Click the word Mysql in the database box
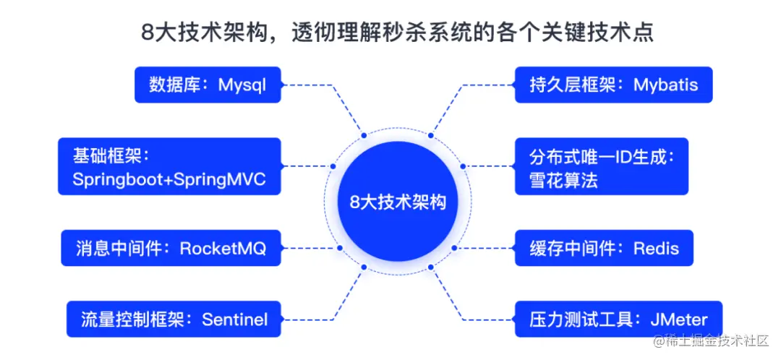[x=242, y=85]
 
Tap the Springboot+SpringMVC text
[x=168, y=180]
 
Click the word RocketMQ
[x=223, y=249]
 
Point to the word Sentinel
[x=234, y=320]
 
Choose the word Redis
[x=656, y=249]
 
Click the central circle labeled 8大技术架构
[x=398, y=202]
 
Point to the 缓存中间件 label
[x=573, y=249]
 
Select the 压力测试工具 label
[x=573, y=320]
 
